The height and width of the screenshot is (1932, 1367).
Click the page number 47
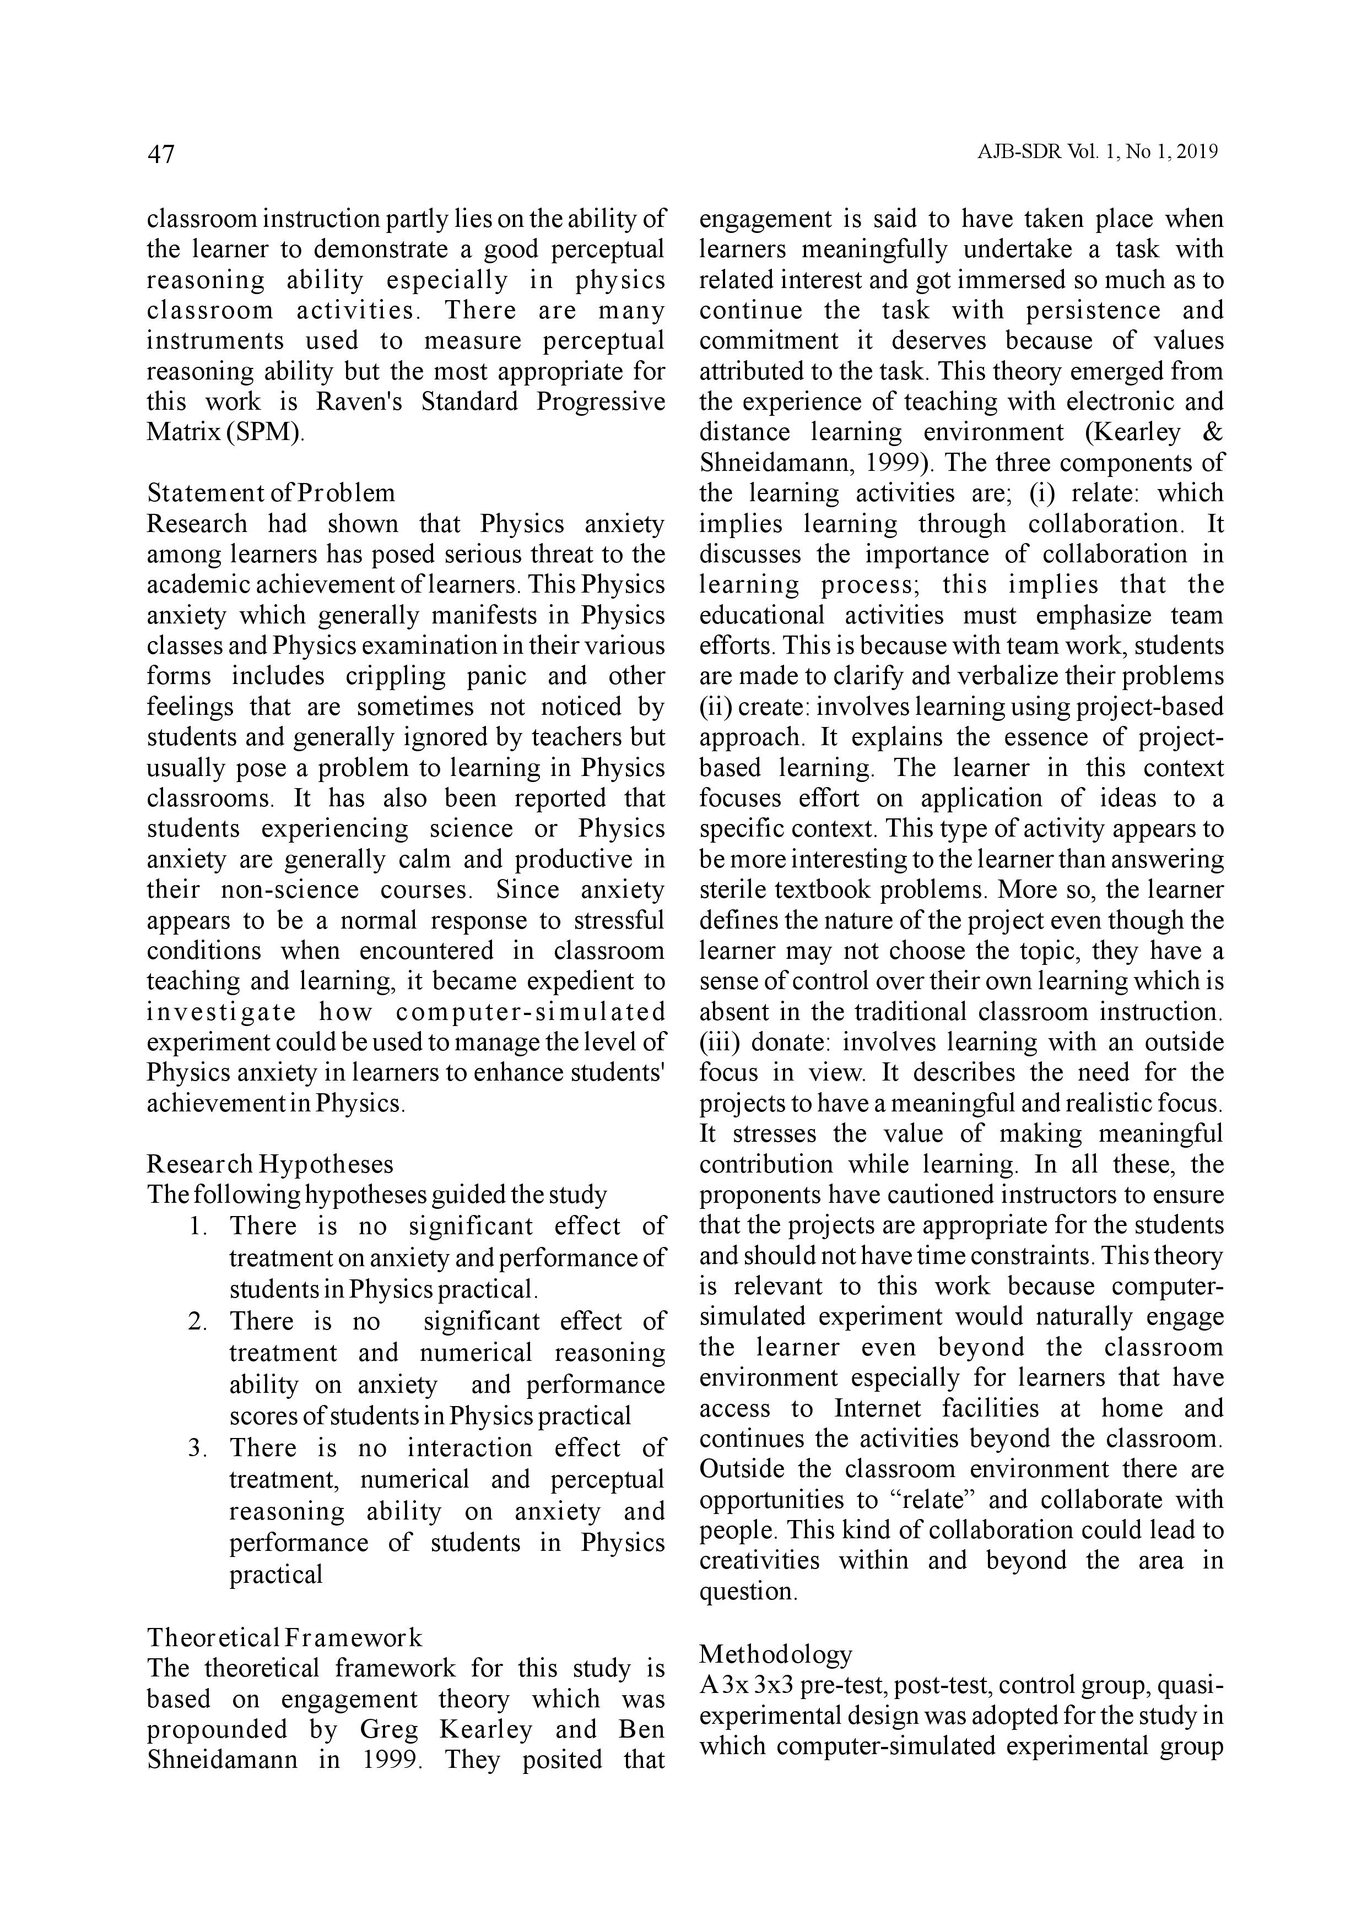coord(161,154)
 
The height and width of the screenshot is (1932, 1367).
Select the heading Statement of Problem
coord(270,492)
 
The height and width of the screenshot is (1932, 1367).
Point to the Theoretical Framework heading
coord(284,1637)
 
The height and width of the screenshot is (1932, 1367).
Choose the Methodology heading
coord(775,1654)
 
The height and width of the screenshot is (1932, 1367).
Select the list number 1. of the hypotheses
coord(199,1226)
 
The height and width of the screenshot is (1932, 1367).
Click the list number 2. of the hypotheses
coord(199,1321)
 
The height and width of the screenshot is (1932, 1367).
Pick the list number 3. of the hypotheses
coord(199,1448)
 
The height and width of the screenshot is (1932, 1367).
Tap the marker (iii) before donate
coord(719,1043)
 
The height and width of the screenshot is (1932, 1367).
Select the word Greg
coord(388,1729)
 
